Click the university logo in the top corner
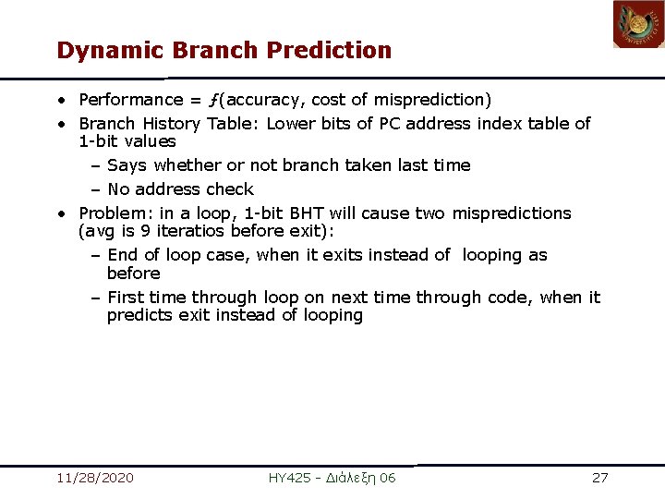click(x=638, y=25)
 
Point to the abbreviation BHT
click(x=283, y=213)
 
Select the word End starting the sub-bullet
click(x=123, y=255)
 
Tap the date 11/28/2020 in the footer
click(x=94, y=478)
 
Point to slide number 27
click(x=599, y=478)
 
